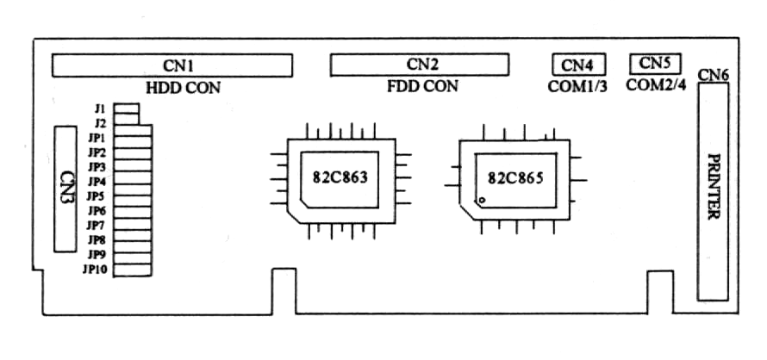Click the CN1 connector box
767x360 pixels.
172,65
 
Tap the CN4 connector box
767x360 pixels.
577,65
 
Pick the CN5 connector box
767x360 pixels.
655,63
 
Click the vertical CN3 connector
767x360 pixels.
65,189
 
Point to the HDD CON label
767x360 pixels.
183,87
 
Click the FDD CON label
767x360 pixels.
422,86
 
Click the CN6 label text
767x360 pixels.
714,75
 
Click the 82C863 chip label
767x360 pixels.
340,178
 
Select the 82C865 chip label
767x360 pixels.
516,178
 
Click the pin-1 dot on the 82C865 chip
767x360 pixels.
483,200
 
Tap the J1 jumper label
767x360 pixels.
100,109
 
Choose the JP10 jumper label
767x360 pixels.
94,270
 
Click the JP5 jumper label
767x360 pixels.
97,196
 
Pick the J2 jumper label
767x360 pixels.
100,123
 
